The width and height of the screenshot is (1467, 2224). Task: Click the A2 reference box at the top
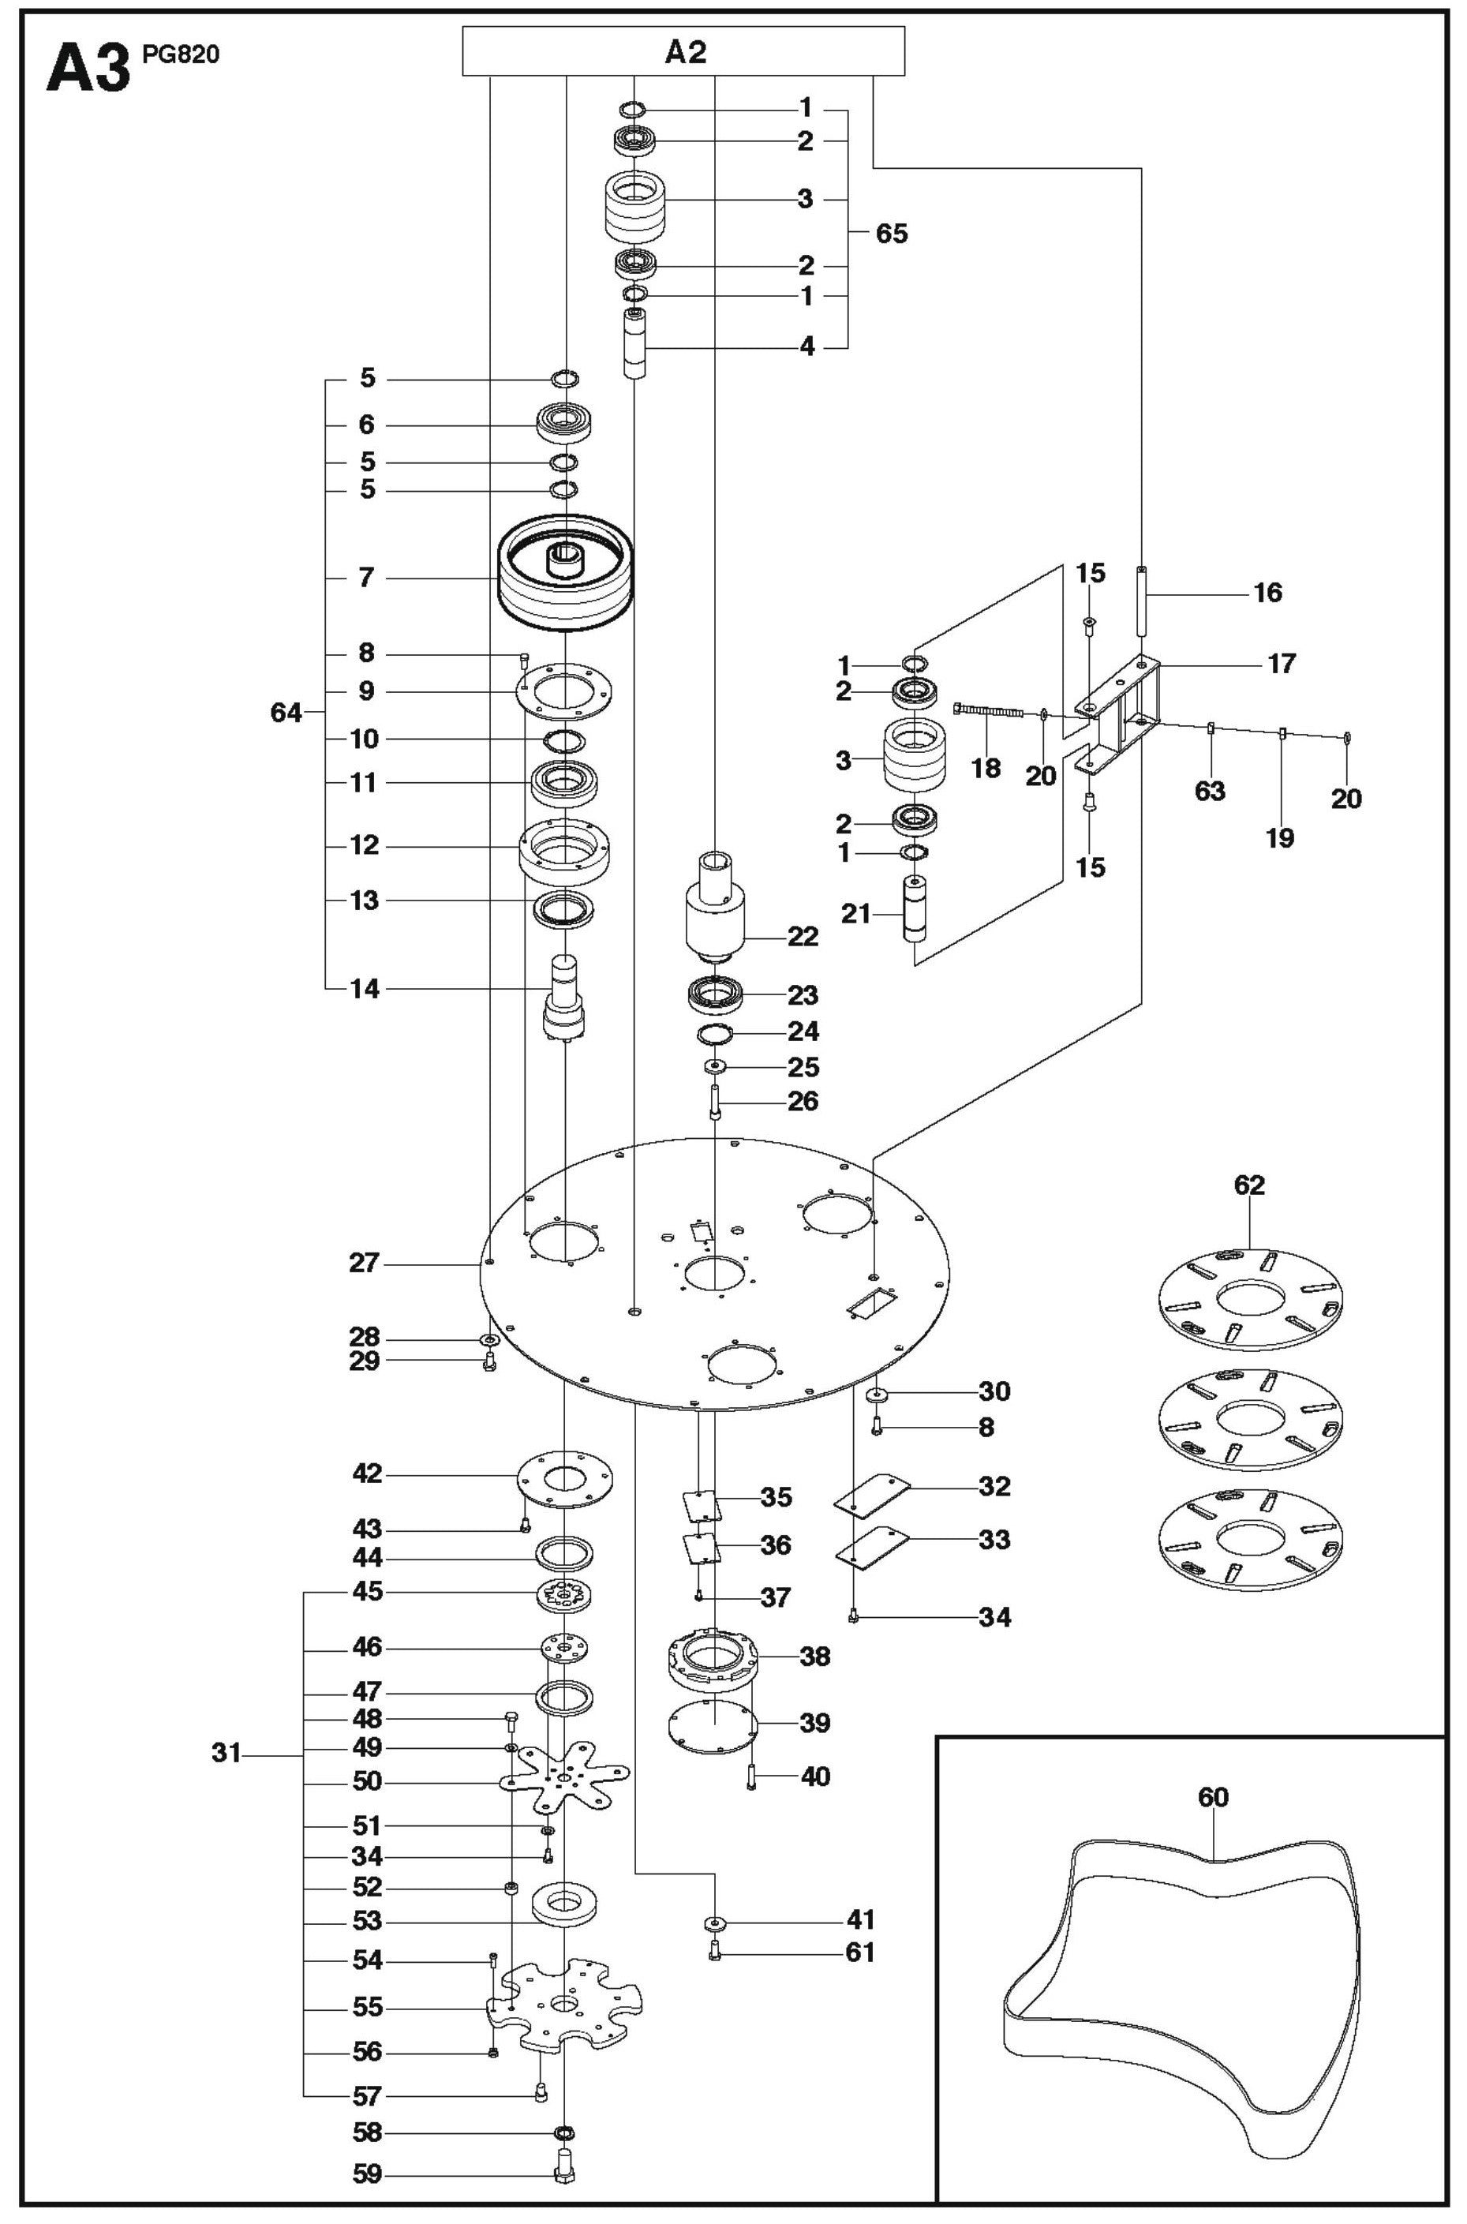coord(684,51)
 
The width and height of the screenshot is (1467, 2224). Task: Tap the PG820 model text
coord(181,54)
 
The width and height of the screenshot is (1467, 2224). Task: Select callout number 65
coord(891,233)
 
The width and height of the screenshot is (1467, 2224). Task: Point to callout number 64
coord(286,713)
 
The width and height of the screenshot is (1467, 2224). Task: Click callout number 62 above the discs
coord(1249,1185)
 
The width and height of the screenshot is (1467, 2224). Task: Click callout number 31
coord(226,1752)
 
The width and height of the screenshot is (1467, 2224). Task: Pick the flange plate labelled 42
coord(564,1478)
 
